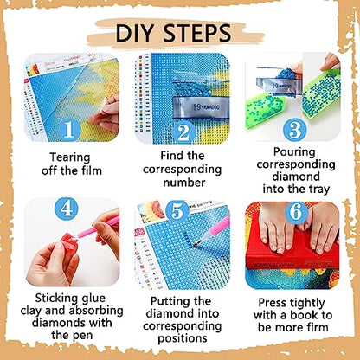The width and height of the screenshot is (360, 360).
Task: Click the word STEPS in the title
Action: (x=197, y=33)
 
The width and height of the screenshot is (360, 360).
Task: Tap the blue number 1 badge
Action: (x=69, y=130)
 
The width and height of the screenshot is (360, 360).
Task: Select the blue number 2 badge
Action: (x=183, y=132)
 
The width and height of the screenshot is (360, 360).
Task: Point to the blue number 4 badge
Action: (x=67, y=209)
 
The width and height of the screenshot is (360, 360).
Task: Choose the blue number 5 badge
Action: (x=177, y=212)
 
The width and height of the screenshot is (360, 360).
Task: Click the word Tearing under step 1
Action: (x=70, y=158)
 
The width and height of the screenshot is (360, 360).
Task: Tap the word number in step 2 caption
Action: (x=184, y=183)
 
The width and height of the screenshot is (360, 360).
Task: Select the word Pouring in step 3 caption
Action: (x=294, y=152)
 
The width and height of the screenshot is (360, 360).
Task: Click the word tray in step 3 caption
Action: (x=318, y=190)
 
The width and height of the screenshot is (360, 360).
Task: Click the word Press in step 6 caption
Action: (x=273, y=303)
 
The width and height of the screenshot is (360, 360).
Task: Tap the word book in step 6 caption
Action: (x=305, y=315)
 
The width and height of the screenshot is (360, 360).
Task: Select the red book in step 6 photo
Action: (x=292, y=250)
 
